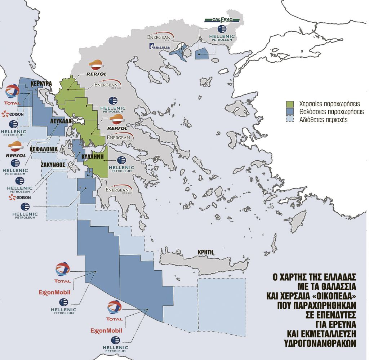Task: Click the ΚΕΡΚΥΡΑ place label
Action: pos(41,83)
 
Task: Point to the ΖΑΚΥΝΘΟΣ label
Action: pos(53,164)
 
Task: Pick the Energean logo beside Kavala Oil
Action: pos(160,36)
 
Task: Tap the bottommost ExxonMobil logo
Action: pos(106,330)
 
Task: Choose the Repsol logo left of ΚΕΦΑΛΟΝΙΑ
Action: pos(15,150)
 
